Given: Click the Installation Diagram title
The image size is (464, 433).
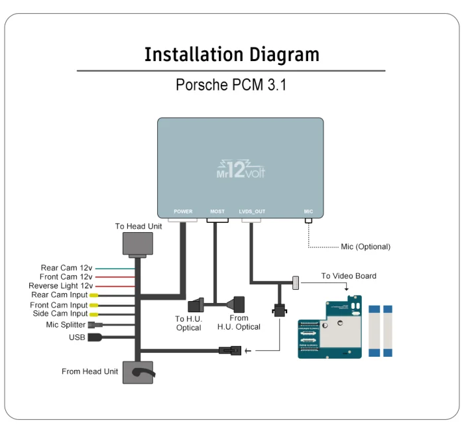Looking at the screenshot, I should click(231, 54).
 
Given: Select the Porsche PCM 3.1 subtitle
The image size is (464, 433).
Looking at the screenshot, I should click(231, 86).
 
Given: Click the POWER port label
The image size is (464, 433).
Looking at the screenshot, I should click(183, 212).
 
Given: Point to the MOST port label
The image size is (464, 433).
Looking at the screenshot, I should click(217, 212).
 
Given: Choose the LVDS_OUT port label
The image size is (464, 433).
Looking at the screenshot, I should click(252, 212).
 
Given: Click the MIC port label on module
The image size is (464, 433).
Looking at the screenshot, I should click(308, 212).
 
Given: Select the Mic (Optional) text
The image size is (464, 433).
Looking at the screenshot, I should click(365, 247).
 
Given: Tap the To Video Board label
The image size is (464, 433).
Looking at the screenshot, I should click(349, 276).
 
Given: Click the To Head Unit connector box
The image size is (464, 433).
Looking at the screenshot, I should click(138, 243).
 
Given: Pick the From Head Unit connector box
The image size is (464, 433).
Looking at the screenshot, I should click(139, 372).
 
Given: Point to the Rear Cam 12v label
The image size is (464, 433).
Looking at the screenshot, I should click(66, 269).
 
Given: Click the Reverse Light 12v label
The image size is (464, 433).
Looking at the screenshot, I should click(60, 286).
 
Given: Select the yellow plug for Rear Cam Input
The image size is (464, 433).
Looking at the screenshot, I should click(94, 295).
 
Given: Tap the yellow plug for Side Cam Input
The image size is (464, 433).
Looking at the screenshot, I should click(94, 314).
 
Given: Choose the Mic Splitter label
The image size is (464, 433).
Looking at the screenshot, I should click(66, 325).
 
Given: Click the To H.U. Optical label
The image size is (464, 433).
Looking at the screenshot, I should click(189, 323).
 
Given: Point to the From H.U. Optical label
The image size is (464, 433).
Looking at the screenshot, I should click(239, 323).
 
